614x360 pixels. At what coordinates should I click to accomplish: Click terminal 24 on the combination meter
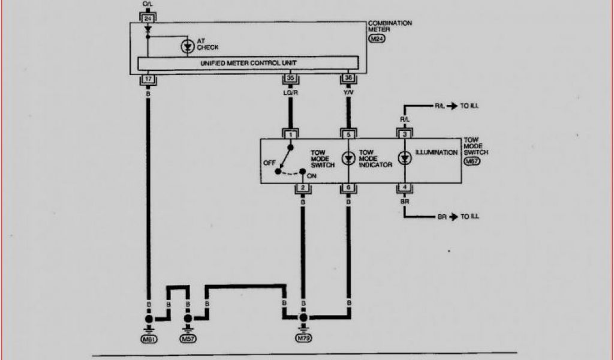[147, 19]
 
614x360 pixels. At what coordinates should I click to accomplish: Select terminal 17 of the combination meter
[147, 79]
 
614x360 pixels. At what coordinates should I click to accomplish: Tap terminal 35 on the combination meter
[290, 79]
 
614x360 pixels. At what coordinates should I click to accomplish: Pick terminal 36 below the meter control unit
[348, 79]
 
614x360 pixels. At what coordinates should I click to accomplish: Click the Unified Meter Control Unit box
[249, 63]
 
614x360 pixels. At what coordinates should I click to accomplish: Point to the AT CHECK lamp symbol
[188, 46]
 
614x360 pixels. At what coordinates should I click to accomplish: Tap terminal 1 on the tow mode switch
[290, 134]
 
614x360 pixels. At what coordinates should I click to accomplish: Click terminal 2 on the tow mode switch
[303, 188]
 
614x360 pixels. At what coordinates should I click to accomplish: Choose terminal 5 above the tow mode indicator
[348, 134]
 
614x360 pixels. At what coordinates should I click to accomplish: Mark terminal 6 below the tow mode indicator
[348, 188]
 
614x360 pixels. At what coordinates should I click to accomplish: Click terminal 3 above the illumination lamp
[405, 134]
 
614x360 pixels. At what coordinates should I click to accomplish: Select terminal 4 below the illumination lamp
[405, 188]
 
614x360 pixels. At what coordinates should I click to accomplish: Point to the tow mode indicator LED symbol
[348, 158]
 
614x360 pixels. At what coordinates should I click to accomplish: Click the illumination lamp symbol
[405, 158]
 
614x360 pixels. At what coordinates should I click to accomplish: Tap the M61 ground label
[148, 339]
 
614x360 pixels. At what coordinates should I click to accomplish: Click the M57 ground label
[188, 339]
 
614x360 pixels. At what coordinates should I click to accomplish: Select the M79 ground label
[303, 339]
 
